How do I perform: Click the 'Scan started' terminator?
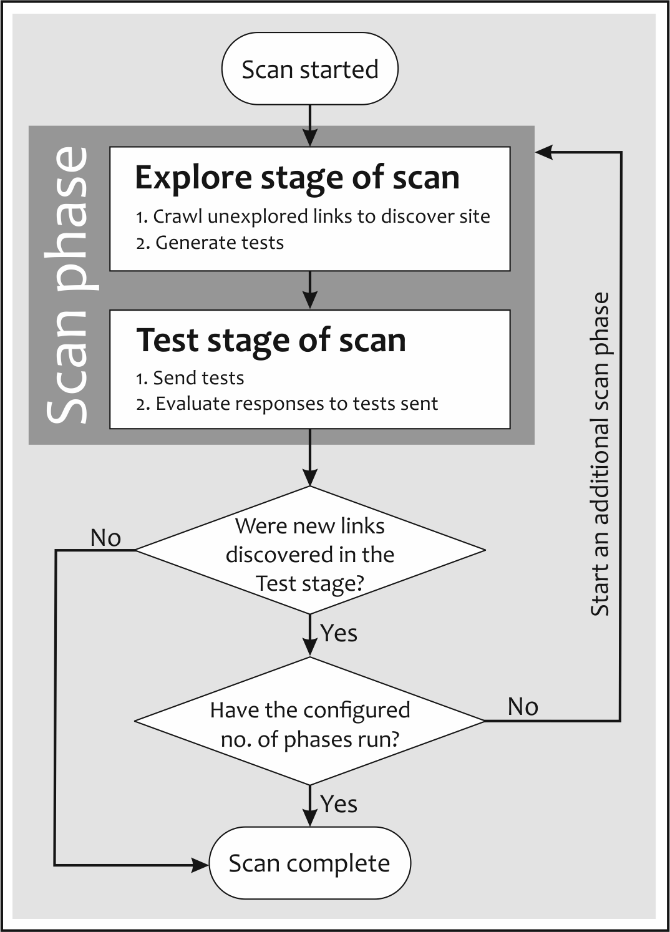coord(309,69)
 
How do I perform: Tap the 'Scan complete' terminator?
coord(309,863)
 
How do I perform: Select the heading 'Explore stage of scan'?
coord(297,178)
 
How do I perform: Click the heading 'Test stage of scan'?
coord(271,341)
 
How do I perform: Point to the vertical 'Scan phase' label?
coord(67,286)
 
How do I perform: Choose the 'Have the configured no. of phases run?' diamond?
coord(309,722)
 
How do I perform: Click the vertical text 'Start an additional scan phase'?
coord(600,454)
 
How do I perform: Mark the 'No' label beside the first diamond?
coord(105,538)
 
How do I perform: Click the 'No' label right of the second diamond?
coord(523,707)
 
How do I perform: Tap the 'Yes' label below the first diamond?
coord(339,633)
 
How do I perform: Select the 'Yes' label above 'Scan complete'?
coord(339,804)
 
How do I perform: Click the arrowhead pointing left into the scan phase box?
coord(544,151)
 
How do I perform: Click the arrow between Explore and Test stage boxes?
coord(309,291)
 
